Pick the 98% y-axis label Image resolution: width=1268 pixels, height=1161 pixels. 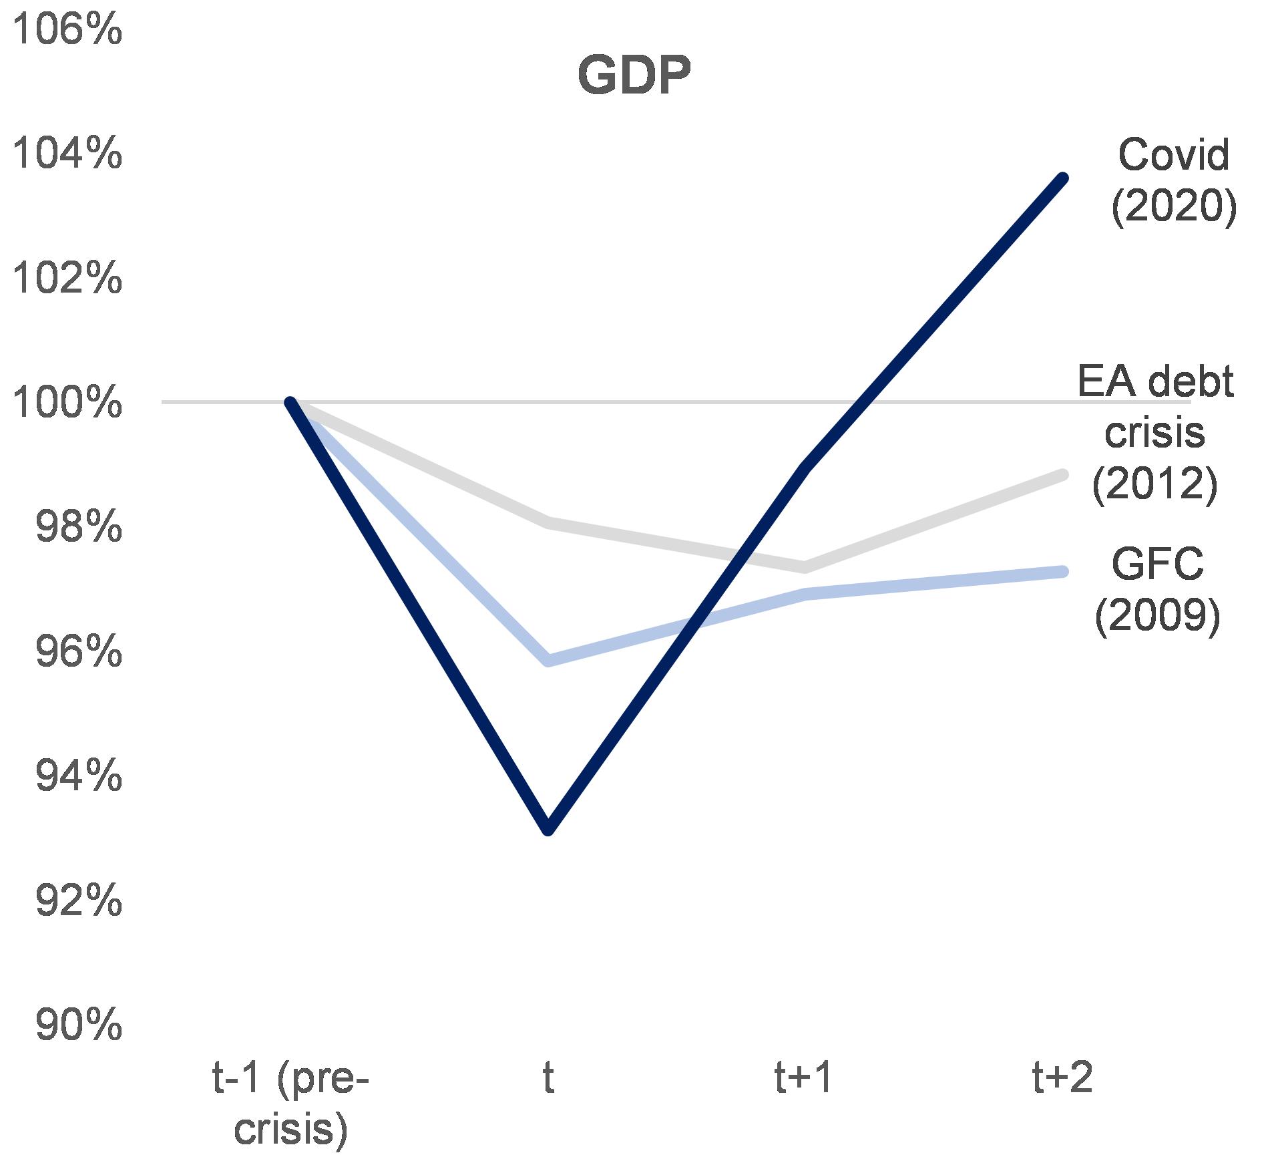pos(78,527)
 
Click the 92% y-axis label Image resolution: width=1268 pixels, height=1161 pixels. pos(78,900)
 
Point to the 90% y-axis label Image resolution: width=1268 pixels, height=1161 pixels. pos(78,1025)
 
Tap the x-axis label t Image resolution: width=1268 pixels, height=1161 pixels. pos(548,1080)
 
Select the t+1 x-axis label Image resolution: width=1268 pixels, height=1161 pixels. pos(805,1080)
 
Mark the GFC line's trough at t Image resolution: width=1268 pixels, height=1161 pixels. pos(548,661)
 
